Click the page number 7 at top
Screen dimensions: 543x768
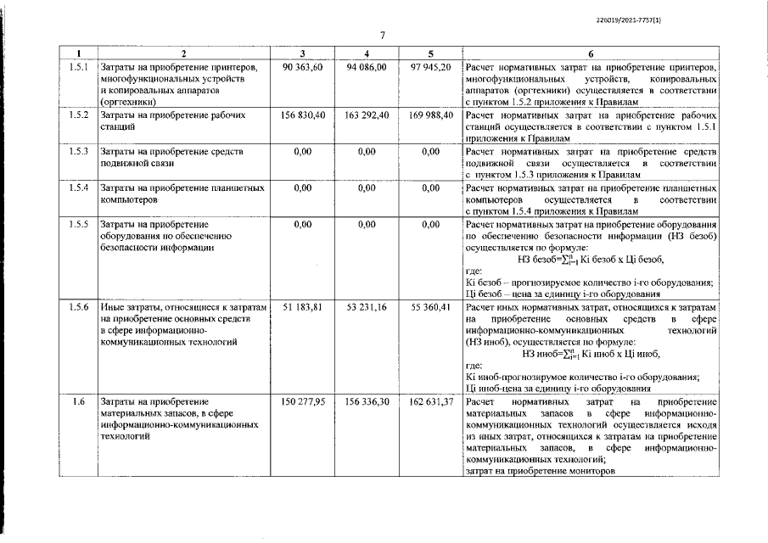pos(383,35)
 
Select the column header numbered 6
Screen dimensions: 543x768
pos(591,53)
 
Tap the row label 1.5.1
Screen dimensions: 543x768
pos(78,66)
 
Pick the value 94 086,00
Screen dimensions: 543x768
pos(367,66)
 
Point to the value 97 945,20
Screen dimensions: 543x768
pos(430,66)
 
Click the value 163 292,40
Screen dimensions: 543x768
pos(367,115)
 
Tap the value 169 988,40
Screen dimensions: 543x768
pos(430,115)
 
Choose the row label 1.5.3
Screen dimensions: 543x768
pos(78,151)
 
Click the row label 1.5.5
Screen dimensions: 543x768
pos(78,224)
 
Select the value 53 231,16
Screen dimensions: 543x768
pos(367,305)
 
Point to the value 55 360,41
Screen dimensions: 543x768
pos(430,305)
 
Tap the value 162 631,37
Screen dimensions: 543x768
pos(430,401)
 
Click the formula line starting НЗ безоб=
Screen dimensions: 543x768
pos(590,260)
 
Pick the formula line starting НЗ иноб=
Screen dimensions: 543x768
pos(591,354)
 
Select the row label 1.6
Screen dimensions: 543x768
pos(78,401)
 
